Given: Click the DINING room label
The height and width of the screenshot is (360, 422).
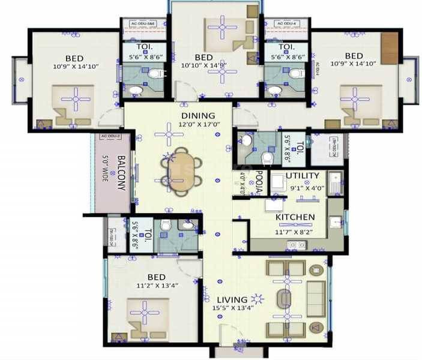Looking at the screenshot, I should pyautogui.click(x=197, y=116).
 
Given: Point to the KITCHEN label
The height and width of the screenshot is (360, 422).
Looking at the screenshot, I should pyautogui.click(x=295, y=217).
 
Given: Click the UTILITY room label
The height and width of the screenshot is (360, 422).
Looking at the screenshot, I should pyautogui.click(x=302, y=176).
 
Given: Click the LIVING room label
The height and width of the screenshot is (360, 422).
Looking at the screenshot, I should pyautogui.click(x=232, y=300).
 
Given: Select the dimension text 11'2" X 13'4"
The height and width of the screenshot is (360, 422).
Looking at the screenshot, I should pyautogui.click(x=157, y=286).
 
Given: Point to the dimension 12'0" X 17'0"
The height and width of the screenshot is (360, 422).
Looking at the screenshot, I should pyautogui.click(x=197, y=125).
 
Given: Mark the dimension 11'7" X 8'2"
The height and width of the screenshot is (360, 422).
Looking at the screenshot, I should pyautogui.click(x=295, y=230).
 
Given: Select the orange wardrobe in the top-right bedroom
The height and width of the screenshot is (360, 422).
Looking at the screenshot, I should pyautogui.click(x=390, y=48).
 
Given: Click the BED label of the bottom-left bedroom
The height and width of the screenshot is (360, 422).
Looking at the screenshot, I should pyautogui.click(x=156, y=277).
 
